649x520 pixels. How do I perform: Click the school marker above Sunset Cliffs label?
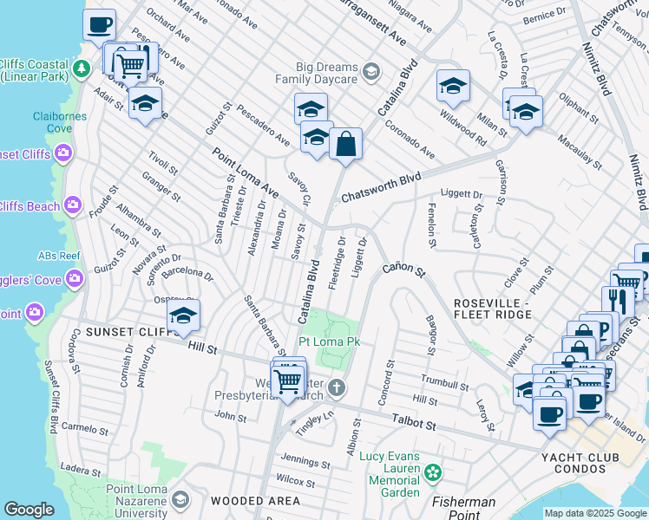pos(183,317)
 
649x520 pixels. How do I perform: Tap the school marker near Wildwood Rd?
pos(452,86)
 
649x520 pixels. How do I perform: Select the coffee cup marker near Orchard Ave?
pos(100,23)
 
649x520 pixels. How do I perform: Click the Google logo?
pos(29,510)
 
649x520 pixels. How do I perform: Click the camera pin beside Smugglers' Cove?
pos(74,278)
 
